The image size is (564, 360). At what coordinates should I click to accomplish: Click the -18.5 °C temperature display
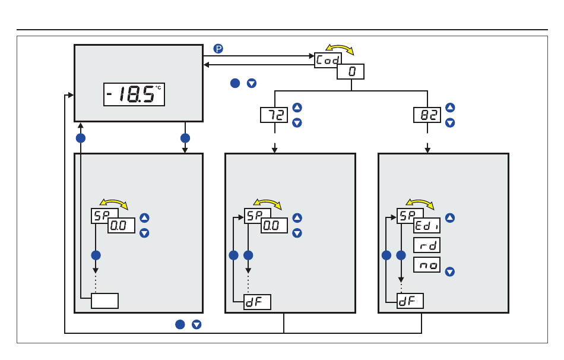(134, 94)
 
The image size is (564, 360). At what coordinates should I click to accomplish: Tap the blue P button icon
(218, 49)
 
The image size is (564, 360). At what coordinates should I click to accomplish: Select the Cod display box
(328, 59)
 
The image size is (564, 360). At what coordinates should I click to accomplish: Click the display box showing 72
(274, 115)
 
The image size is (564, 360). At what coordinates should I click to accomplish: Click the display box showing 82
(427, 115)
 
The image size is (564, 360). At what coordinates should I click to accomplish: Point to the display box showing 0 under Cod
(350, 72)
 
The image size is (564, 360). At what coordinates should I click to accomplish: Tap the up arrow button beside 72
(297, 108)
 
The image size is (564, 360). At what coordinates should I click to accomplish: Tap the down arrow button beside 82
(450, 123)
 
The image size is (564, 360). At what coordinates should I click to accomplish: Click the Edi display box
(427, 225)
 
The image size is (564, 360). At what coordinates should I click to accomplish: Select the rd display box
(427, 245)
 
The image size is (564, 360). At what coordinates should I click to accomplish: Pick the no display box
(427, 265)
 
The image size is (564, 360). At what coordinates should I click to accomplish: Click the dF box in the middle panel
(257, 302)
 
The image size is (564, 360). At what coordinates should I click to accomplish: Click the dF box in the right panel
(410, 301)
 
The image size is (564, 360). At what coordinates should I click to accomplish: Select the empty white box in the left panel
(104, 301)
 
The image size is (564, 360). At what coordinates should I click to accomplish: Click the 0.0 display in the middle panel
(274, 225)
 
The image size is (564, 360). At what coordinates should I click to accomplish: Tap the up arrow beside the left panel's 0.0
(144, 218)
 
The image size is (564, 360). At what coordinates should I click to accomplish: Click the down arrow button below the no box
(450, 272)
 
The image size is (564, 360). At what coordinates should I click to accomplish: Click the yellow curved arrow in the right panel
(420, 203)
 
